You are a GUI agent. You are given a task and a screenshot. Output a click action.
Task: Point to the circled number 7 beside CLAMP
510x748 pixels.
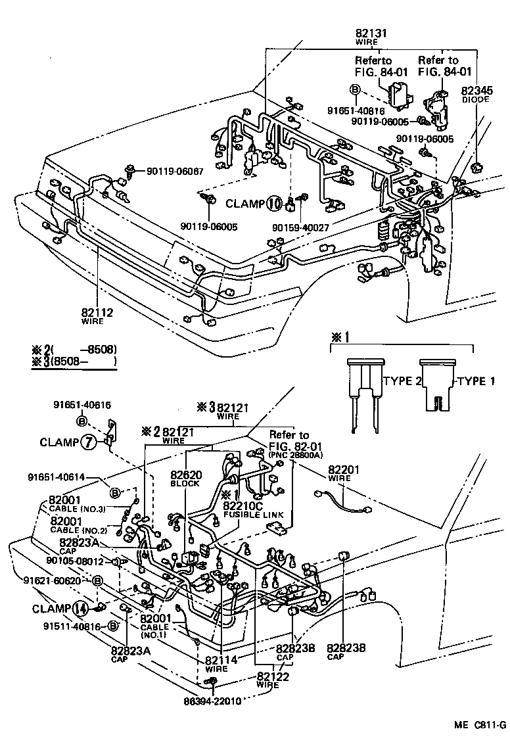click(x=87, y=442)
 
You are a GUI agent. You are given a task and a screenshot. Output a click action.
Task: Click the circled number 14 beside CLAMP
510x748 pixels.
click(x=80, y=609)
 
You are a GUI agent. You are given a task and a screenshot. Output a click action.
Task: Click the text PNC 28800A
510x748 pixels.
click(x=294, y=454)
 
